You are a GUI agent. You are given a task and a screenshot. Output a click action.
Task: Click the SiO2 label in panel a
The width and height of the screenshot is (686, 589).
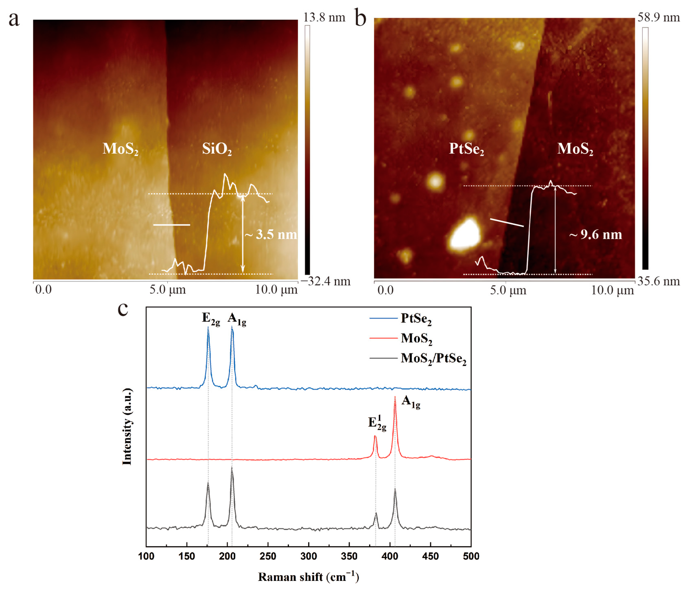217,149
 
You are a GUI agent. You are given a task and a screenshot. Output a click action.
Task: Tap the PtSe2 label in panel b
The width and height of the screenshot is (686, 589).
466,149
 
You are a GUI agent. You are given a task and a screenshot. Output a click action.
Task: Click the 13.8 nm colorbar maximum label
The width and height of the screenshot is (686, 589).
324,17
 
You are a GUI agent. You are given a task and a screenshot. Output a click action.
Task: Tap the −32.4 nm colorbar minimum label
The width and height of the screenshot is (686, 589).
325,281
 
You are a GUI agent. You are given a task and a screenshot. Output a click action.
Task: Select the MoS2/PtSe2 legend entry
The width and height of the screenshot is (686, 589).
433,358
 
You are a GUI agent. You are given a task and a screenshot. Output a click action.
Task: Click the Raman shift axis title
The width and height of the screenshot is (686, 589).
308,577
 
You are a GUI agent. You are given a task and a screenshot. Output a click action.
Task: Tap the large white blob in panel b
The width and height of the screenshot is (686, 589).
465,234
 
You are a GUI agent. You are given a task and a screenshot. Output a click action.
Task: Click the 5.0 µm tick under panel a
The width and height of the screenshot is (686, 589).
167,290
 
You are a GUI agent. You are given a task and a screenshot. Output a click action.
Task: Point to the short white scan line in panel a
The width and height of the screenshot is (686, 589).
172,225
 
